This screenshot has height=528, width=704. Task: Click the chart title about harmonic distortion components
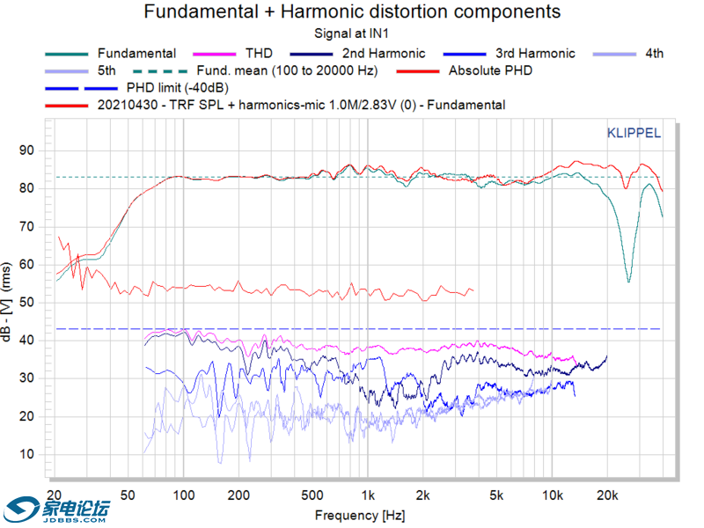pos(352,11)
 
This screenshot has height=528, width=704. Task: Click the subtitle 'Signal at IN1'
pos(352,33)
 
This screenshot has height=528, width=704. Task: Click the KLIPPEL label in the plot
pos(634,134)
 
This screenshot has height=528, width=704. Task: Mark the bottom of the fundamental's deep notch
pos(628,281)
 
